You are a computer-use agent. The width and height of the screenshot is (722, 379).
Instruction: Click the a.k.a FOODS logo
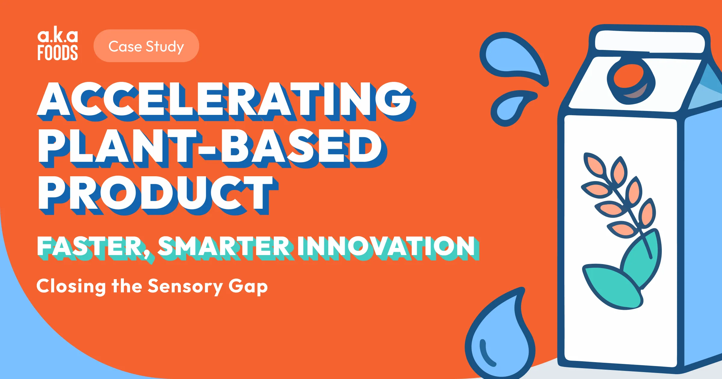click(x=57, y=45)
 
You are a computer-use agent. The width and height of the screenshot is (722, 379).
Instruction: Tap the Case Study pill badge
click(x=146, y=46)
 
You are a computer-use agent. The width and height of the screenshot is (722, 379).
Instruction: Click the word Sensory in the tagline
click(x=185, y=287)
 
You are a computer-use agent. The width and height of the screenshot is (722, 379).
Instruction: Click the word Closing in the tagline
click(x=71, y=287)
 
